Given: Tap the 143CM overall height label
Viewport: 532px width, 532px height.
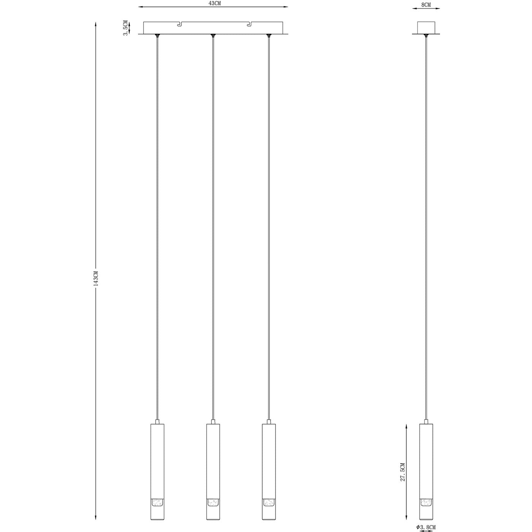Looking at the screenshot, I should pos(96,278).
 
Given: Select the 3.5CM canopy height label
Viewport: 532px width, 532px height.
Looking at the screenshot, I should pos(125,28).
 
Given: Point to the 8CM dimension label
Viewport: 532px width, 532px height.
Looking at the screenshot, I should pos(426,5).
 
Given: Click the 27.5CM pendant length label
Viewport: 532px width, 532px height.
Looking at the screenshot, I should pos(403,472).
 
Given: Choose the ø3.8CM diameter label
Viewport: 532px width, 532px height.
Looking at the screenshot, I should pos(426,527).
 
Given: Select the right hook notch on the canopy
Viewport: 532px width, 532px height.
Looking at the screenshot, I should pos(249,25).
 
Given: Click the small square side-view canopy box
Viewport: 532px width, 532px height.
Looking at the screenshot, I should pos(426,28).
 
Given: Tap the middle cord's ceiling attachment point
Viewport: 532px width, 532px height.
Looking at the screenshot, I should pos(213,36).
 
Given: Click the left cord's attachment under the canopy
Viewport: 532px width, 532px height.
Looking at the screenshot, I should pos(157,36).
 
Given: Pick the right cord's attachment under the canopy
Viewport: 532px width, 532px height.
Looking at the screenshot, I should pos(269,36).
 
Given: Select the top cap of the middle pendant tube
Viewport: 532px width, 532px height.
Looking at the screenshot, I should pos(213,422).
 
